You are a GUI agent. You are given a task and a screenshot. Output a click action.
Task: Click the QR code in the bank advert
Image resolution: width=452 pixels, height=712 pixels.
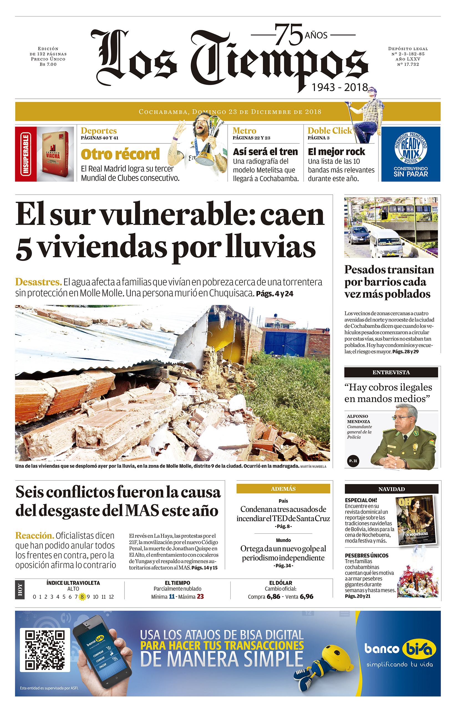(x=45, y=650)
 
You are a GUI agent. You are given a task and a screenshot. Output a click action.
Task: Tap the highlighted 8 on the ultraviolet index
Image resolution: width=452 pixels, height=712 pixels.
(x=82, y=597)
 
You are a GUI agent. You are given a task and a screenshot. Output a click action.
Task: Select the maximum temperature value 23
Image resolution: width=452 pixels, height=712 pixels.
(x=200, y=596)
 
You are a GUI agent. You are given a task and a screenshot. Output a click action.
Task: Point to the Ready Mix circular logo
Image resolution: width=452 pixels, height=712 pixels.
(x=411, y=147)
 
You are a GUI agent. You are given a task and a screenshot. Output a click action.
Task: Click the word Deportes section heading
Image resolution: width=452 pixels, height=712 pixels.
(x=98, y=130)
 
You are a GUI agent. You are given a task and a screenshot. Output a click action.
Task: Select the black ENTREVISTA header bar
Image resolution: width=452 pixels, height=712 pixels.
(x=391, y=372)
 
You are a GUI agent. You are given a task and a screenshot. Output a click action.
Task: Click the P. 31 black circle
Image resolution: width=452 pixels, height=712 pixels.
(x=353, y=461)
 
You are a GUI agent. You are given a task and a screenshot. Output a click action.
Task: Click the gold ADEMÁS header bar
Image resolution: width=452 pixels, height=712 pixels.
(x=283, y=489)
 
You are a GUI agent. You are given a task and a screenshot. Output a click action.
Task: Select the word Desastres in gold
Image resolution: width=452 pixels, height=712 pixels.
(x=38, y=282)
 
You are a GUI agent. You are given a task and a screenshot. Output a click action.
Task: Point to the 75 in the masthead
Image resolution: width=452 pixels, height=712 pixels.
(x=288, y=35)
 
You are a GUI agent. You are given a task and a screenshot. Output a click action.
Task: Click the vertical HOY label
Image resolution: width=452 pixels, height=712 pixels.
(x=20, y=589)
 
